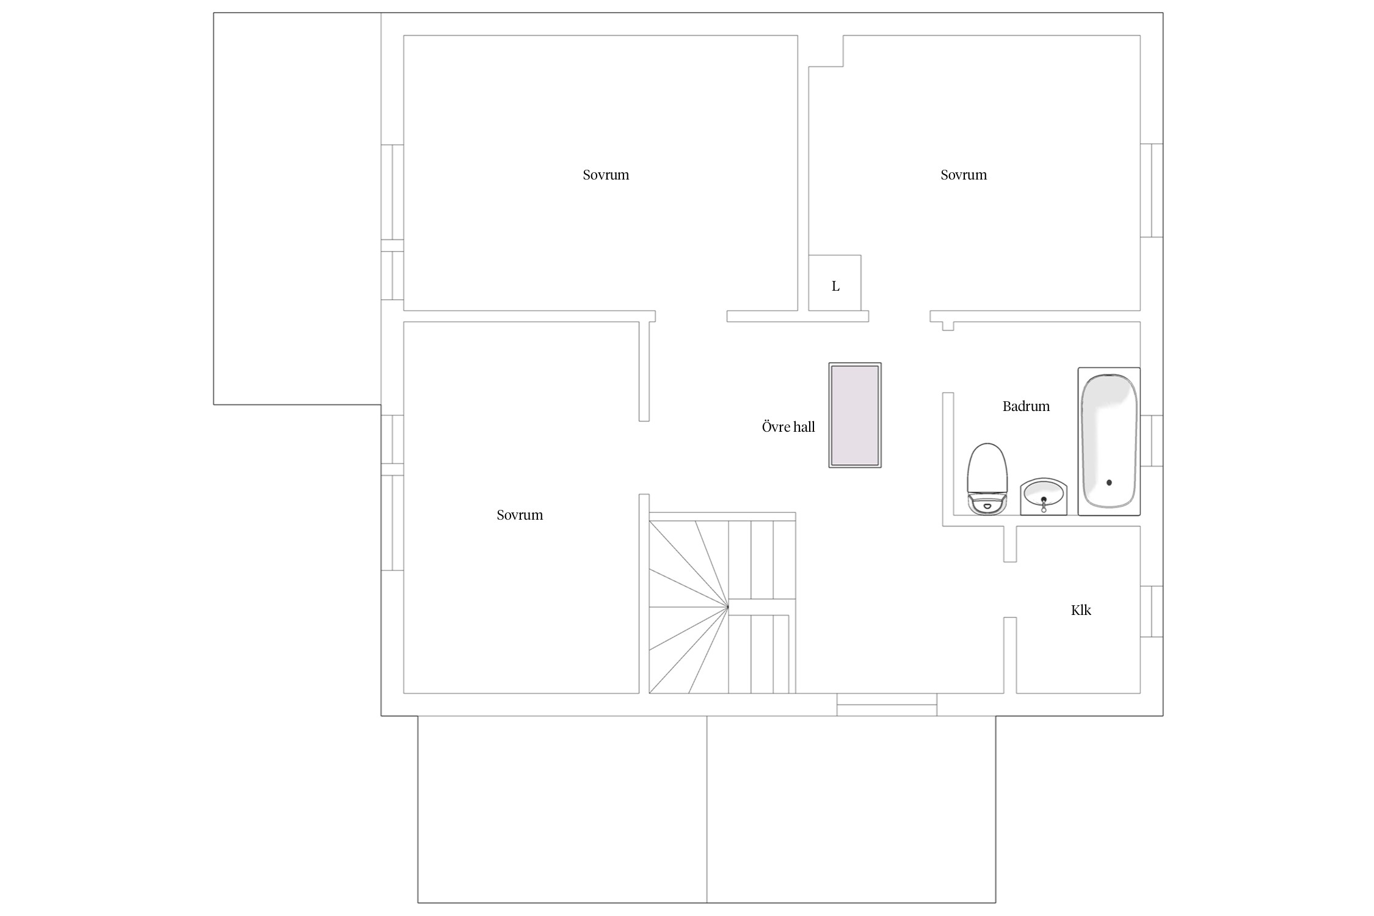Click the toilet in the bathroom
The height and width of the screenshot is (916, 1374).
click(x=986, y=479)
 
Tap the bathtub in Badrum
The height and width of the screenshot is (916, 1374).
click(x=1109, y=441)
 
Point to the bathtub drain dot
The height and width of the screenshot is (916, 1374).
click(x=1109, y=482)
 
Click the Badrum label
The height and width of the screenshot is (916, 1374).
click(x=1026, y=406)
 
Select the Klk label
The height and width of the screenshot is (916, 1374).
click(x=1081, y=610)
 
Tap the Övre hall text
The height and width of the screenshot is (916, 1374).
click(x=788, y=427)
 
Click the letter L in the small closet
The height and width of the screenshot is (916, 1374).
click(x=835, y=286)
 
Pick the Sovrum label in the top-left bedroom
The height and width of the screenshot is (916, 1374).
click(x=606, y=175)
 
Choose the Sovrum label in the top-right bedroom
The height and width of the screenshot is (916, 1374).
click(x=964, y=175)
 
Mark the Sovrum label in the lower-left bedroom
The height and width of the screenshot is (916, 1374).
click(x=520, y=515)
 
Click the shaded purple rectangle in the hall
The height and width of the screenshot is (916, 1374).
click(x=855, y=415)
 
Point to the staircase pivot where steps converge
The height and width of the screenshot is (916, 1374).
click(x=728, y=607)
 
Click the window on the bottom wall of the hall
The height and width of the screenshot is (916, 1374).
click(x=887, y=705)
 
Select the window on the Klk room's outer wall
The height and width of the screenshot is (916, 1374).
click(x=1152, y=611)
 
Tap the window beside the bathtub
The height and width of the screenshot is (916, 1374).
click(x=1152, y=441)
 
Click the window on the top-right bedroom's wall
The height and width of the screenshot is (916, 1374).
click(x=1152, y=191)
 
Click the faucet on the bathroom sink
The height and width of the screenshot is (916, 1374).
click(x=1044, y=504)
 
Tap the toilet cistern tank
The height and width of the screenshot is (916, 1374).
click(x=986, y=506)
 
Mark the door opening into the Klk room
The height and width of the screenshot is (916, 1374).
click(x=1010, y=589)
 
